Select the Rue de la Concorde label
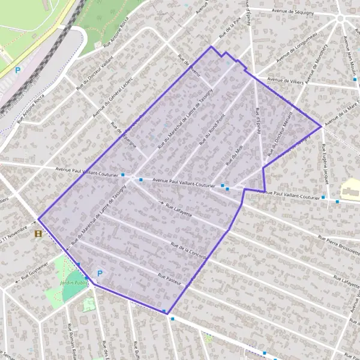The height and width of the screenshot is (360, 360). tap(188, 251)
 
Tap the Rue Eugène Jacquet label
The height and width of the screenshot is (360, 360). tap(325, 169)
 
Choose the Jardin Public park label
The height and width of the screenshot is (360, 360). tap(74, 281)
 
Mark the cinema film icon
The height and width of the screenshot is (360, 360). tap(39, 234)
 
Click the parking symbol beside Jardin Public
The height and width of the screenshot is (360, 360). tap(100, 273)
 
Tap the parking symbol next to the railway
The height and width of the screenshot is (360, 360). tap(17, 70)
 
